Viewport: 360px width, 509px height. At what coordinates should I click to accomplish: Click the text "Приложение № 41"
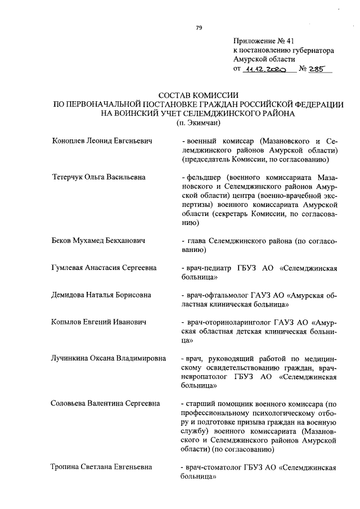(263, 41)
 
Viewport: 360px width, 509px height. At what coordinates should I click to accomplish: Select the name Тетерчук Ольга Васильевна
(98, 177)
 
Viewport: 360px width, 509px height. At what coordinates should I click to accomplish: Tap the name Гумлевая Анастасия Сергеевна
(103, 268)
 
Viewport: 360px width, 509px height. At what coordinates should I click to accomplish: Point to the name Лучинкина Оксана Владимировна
(108, 358)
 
